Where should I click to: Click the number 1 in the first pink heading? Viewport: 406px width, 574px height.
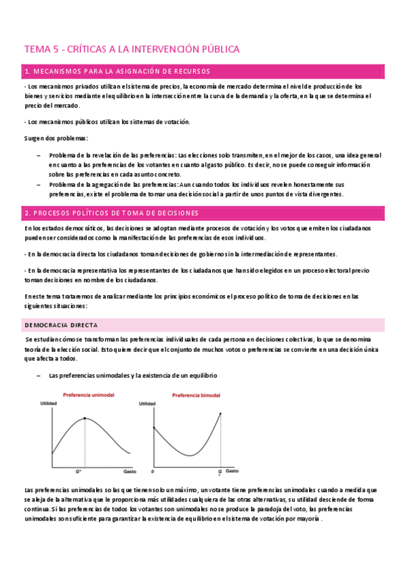[x=26, y=71]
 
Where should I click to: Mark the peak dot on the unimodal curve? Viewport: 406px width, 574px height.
[x=85, y=418]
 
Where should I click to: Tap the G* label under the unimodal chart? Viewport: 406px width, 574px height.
[x=79, y=472]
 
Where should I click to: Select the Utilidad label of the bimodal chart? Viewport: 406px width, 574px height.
[x=147, y=404]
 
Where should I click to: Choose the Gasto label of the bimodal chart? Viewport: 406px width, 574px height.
[x=232, y=469]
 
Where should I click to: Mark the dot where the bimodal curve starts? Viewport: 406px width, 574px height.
[x=155, y=428]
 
